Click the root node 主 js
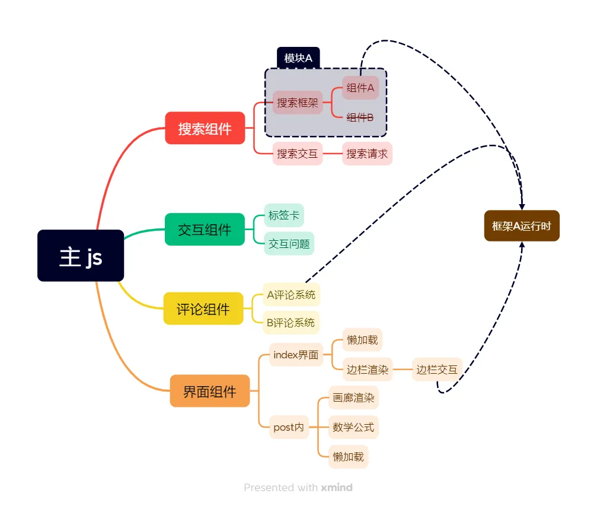[x=81, y=256]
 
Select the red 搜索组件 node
[x=205, y=128]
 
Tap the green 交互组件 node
[x=205, y=229]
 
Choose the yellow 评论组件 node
[x=203, y=308]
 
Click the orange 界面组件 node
[x=209, y=391]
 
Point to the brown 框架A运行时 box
[x=522, y=226]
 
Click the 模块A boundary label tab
[x=298, y=58]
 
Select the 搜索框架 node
[x=298, y=103]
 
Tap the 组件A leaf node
[x=360, y=88]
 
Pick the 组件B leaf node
[x=360, y=117]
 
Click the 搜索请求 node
[x=367, y=154]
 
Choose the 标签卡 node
[x=283, y=215]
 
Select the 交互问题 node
[x=289, y=243]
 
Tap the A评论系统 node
[x=291, y=294]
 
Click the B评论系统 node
[x=290, y=323]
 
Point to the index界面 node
[x=296, y=355]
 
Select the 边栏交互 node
[x=436, y=370]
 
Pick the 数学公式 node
[x=353, y=427]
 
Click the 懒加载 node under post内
[x=349, y=457]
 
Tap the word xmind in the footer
[x=337, y=488]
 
